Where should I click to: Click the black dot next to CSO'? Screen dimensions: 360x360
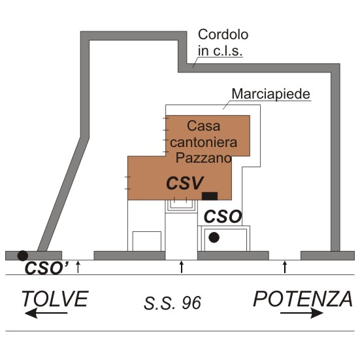click(x=23, y=255)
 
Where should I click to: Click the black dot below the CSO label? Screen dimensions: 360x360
click(x=214, y=237)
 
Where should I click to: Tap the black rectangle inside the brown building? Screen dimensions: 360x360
click(x=210, y=196)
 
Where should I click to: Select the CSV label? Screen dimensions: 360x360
click(x=185, y=183)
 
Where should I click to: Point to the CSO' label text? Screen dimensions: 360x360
click(x=46, y=268)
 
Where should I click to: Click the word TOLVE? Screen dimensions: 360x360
click(x=55, y=299)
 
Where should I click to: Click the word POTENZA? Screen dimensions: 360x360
click(x=303, y=299)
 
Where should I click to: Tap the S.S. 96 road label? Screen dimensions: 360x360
click(x=172, y=303)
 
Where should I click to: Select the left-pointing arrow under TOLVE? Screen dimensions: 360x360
click(x=46, y=313)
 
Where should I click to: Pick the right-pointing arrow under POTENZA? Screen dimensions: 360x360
click(x=302, y=313)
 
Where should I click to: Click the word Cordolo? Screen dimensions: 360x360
click(x=223, y=35)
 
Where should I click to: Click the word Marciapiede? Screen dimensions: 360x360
click(x=271, y=94)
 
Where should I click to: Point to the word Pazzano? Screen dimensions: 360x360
click(x=204, y=157)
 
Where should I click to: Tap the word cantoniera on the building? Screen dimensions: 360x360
click(x=204, y=142)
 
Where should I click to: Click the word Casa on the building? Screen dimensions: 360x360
click(x=204, y=126)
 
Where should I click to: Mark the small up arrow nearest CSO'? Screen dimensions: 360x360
click(x=78, y=267)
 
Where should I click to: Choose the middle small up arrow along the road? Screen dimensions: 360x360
click(x=182, y=267)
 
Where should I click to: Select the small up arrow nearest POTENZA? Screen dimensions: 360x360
click(x=285, y=267)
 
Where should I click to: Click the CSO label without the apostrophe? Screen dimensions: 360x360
click(x=223, y=217)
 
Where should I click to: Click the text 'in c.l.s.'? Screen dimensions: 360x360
click(x=220, y=51)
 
